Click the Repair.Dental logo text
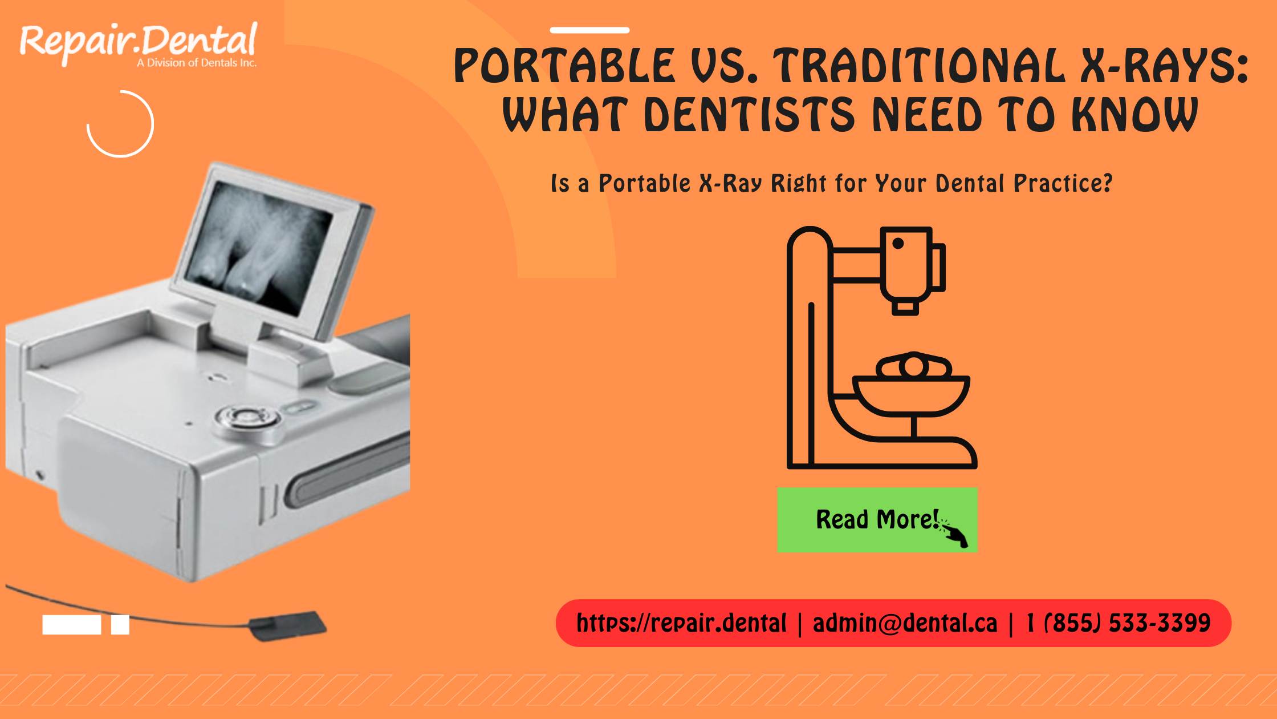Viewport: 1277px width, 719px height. coord(138,41)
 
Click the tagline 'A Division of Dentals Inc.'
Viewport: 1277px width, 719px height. coord(197,63)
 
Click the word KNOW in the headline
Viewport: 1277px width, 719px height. coord(1134,115)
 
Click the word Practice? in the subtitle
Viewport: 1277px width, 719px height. coord(1063,184)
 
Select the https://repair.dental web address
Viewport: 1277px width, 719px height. coord(682,623)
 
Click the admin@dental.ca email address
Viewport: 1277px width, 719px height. coord(905,623)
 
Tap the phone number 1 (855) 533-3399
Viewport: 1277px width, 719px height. coord(1118,623)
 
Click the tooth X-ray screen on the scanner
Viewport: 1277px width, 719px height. coord(259,248)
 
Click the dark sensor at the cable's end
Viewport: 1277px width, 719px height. coord(288,625)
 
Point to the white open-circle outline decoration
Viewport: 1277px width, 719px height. coord(120,124)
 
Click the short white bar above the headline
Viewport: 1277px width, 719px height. coord(589,30)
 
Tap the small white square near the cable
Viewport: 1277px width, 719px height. coord(120,625)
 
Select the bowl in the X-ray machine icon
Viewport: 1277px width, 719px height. coord(911,394)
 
